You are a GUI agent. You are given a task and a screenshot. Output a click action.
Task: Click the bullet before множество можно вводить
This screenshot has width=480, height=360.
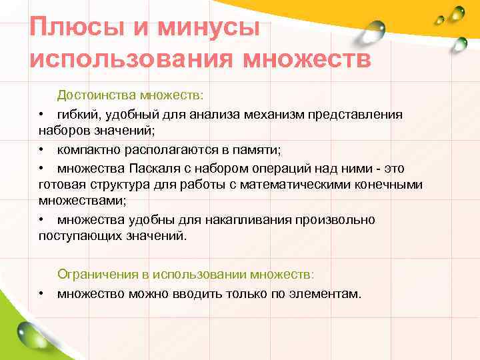(x=41, y=293)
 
